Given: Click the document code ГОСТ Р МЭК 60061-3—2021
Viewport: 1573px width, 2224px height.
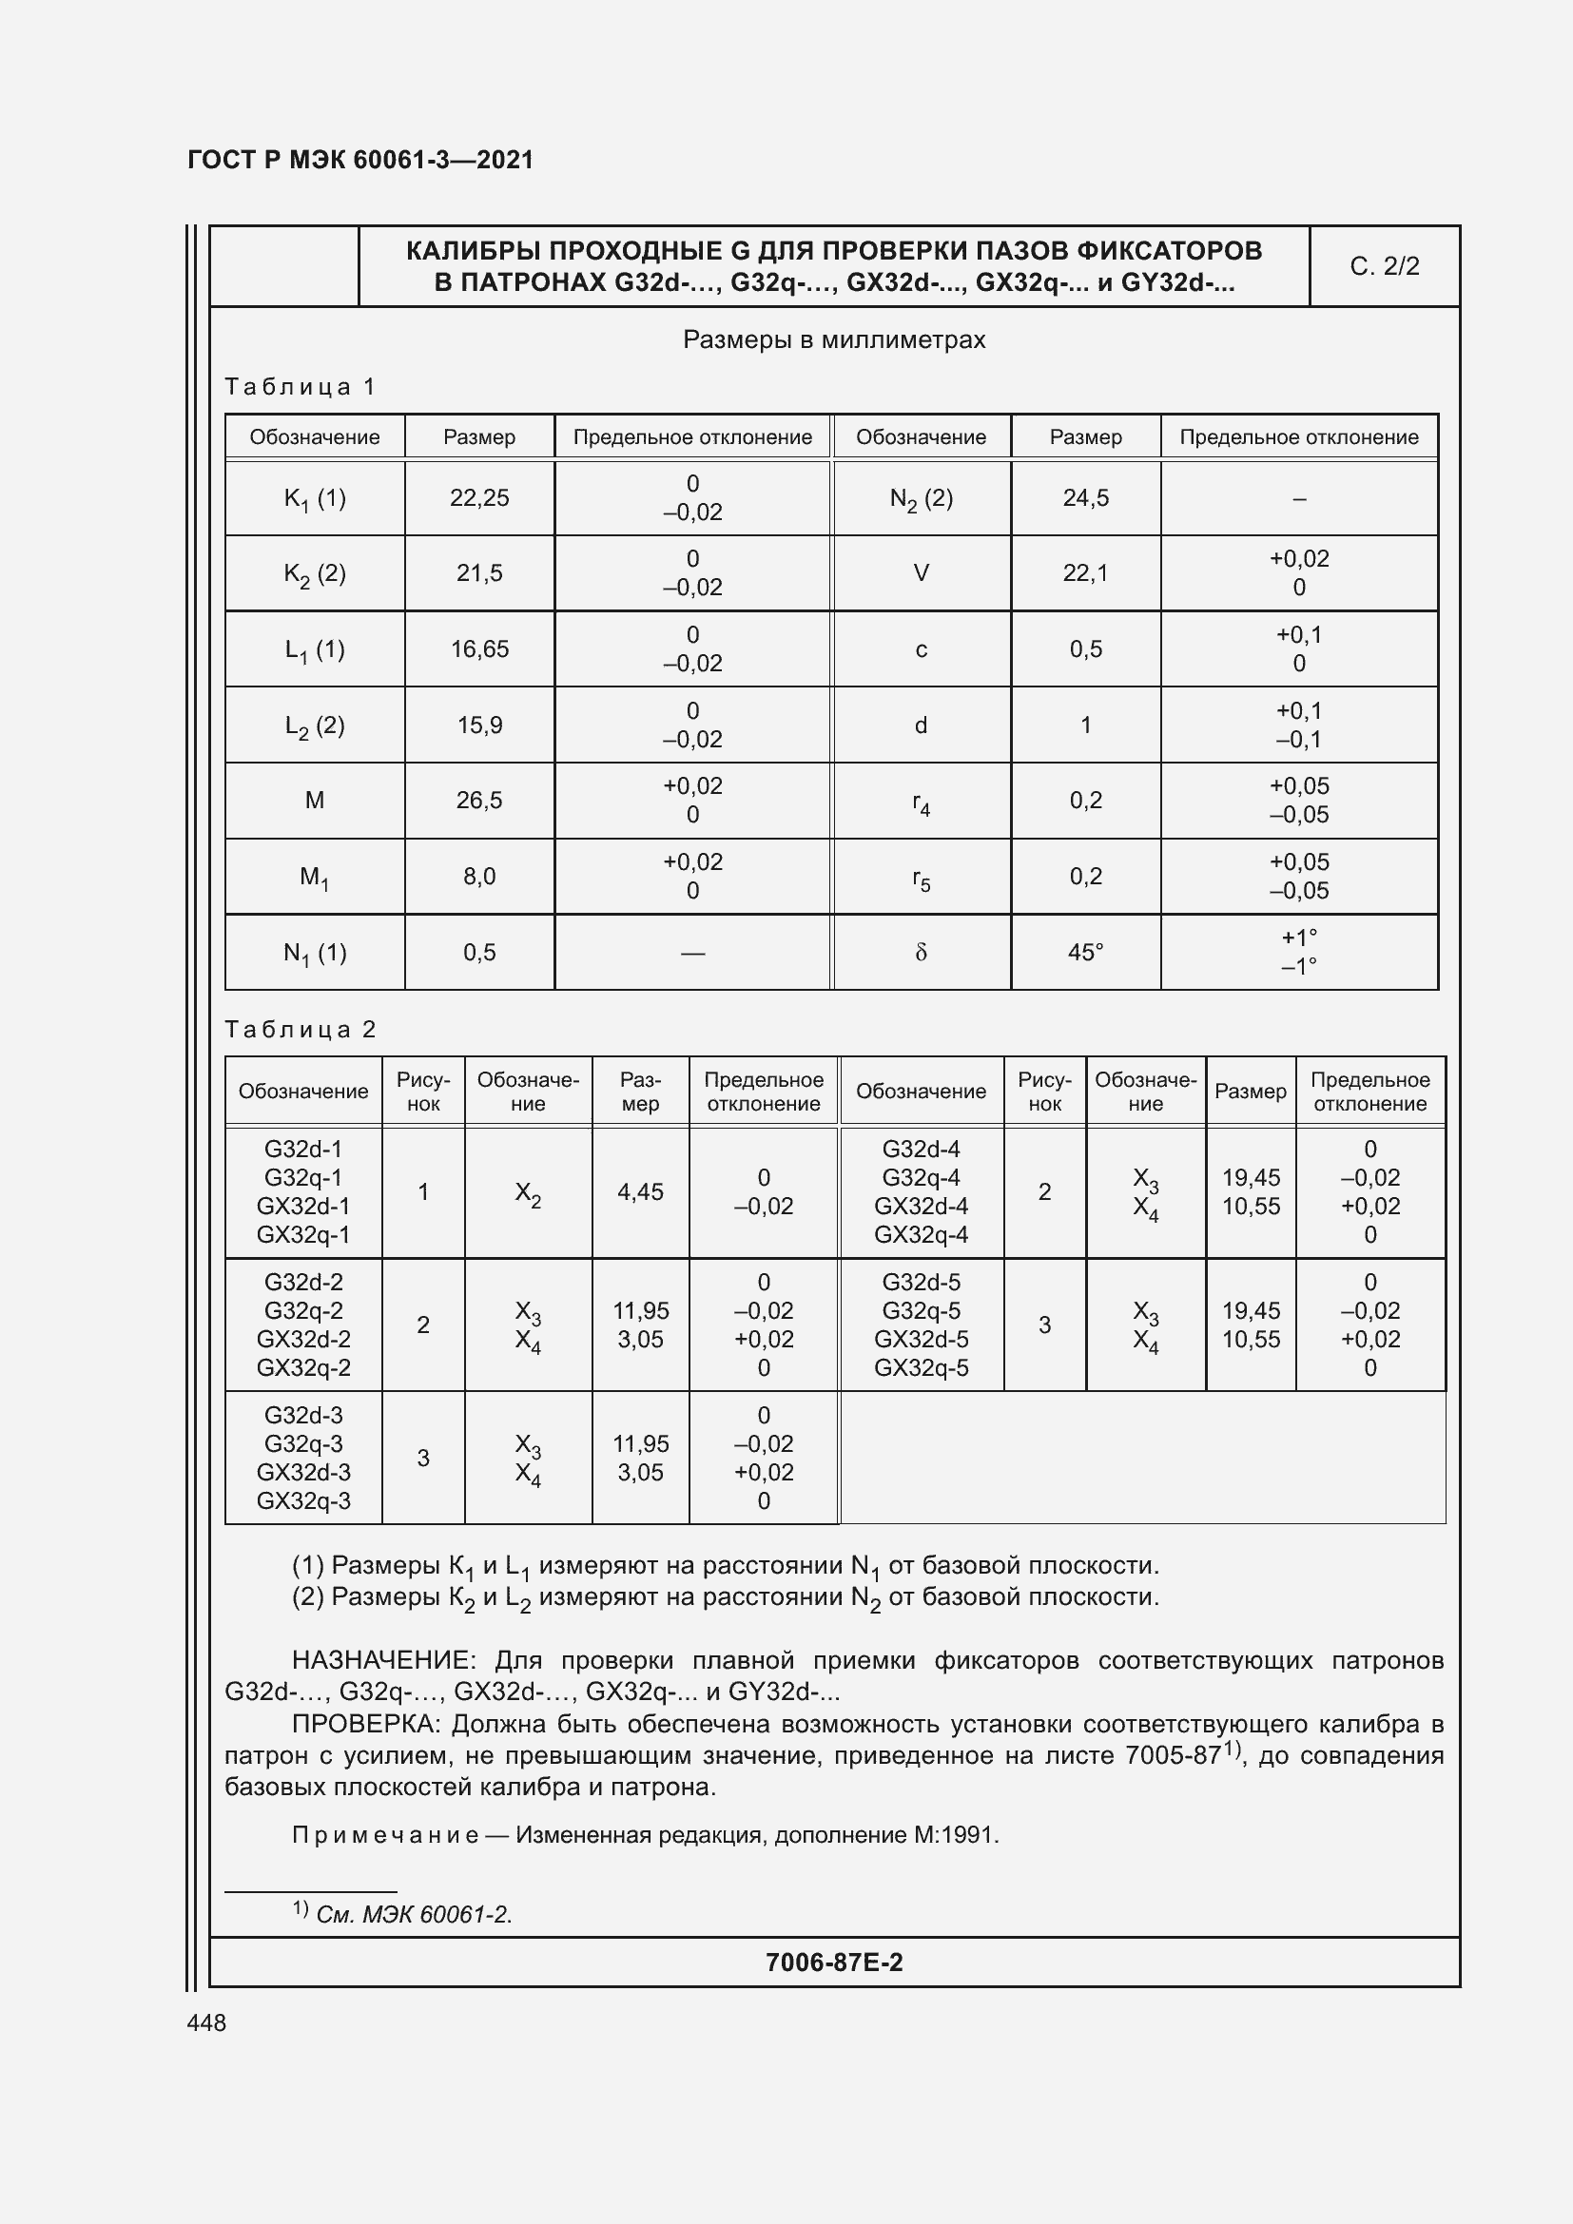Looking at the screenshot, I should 360,160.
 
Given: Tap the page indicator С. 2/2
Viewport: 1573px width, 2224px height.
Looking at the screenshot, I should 1384,266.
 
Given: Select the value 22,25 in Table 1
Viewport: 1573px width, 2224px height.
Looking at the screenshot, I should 479,498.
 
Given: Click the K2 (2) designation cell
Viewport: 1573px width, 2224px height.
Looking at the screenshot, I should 315,573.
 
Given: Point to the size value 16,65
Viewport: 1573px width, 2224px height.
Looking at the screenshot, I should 479,649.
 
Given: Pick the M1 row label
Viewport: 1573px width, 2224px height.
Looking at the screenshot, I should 315,877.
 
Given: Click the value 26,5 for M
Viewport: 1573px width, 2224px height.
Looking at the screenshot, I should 479,800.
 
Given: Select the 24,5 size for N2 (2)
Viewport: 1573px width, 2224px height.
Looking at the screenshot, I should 1085,498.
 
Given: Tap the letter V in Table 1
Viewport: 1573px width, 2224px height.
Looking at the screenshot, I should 922,573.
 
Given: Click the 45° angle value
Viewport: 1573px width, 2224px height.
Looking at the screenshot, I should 1085,952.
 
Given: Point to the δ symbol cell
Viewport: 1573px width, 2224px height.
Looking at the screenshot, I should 922,952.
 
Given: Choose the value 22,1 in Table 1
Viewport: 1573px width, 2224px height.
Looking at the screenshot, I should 1085,573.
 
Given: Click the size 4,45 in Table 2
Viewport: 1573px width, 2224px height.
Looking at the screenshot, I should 640,1191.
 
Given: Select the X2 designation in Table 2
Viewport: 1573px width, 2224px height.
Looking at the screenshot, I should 528,1192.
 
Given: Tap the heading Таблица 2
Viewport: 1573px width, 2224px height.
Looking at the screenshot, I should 301,1029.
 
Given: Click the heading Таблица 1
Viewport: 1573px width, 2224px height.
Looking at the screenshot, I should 301,386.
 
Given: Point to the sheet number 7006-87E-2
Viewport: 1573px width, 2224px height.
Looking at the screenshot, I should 834,1963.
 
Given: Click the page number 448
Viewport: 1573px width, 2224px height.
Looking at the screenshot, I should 206,2022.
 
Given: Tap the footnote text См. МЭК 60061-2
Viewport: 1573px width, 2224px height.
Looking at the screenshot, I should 414,1915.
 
